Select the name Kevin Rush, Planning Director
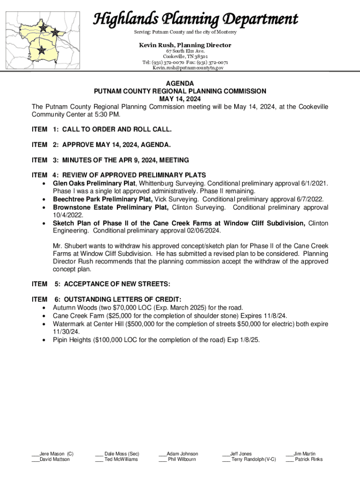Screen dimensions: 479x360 pyautogui.click(x=185, y=45)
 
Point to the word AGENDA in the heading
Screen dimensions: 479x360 pyautogui.click(x=180, y=83)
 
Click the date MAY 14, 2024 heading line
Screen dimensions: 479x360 pyautogui.click(x=180, y=99)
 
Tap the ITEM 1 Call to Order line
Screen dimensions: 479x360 pyautogui.click(x=101, y=128)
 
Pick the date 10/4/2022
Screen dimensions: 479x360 pyautogui.click(x=69, y=215)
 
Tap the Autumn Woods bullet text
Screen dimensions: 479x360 pyautogui.click(x=148, y=307)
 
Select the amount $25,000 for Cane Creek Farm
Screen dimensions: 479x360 pyautogui.click(x=122, y=316)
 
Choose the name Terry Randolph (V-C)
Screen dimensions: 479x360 pyautogui.click(x=253, y=459)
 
